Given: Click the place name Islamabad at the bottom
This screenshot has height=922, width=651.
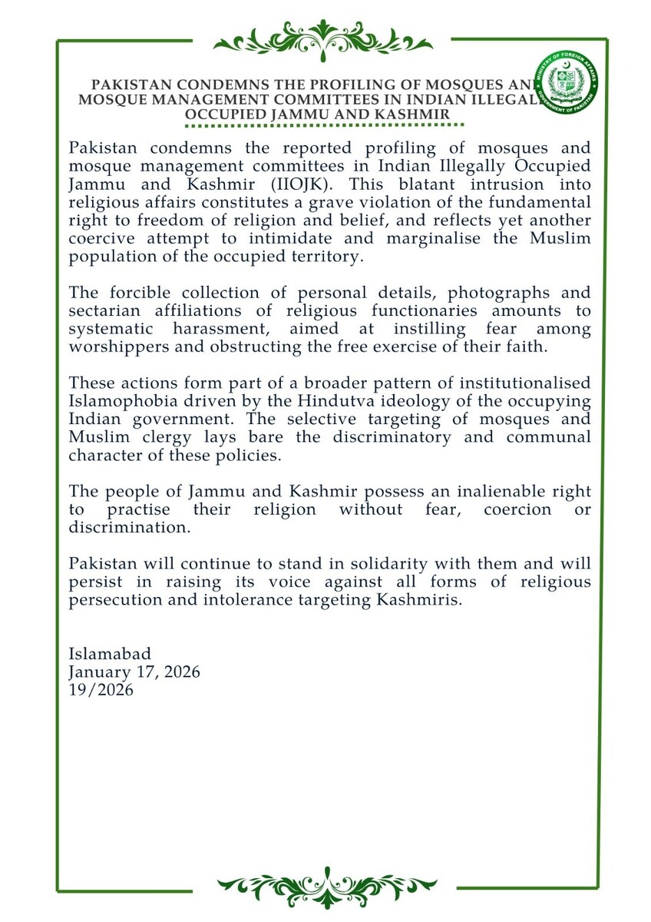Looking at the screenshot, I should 110,655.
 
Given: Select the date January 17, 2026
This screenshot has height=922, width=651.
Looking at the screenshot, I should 134,672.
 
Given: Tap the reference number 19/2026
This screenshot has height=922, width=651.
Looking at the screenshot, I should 101,690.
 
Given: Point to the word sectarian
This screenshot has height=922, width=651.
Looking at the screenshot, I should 103,310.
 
